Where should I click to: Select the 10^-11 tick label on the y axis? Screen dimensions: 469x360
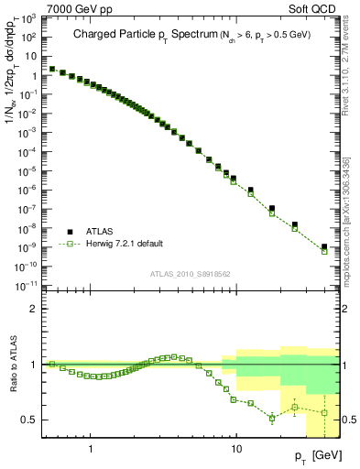pos(31,286)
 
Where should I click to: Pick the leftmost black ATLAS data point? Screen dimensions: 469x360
pos(52,69)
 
